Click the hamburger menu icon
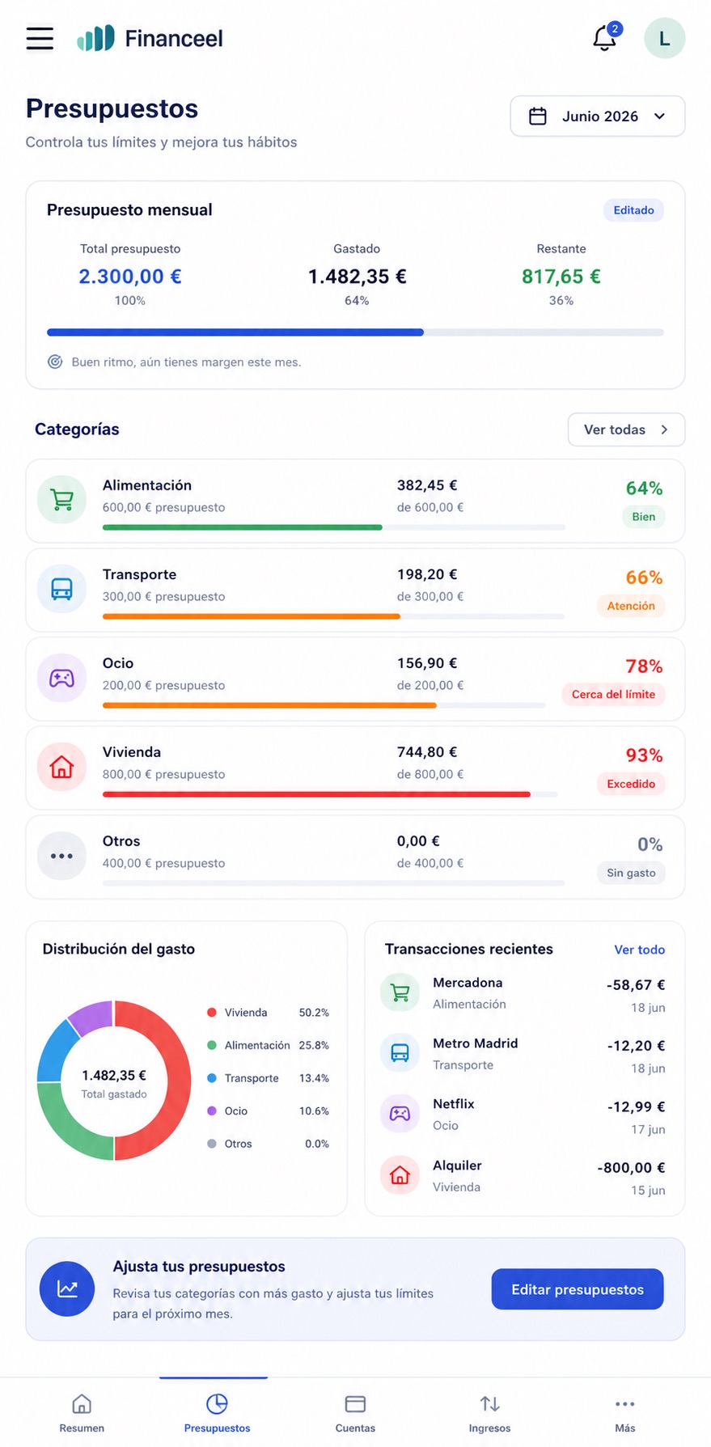pos(40,38)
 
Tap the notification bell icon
pos(604,38)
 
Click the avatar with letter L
pos(664,38)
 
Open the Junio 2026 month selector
pos(598,116)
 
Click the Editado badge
pos(633,210)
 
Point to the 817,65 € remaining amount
pos(561,277)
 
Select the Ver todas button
pos(626,429)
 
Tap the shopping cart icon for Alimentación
pos(61,500)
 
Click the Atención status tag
pos(631,606)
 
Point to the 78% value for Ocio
pos(644,666)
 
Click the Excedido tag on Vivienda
pos(631,784)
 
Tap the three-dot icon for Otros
pos(61,856)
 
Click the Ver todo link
pos(639,950)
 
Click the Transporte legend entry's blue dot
pos(212,1078)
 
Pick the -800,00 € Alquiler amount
pos(631,1168)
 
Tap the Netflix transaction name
pos(453,1104)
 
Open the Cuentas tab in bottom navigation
pos(355,1413)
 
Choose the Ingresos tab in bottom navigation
pos(489,1413)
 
